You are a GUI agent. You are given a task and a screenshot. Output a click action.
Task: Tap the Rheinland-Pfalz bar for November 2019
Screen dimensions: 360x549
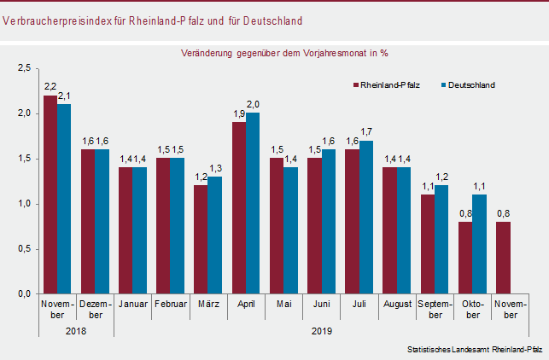pyautogui.click(x=503, y=258)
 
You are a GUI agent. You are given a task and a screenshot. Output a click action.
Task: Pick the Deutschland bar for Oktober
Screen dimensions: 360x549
pyautogui.click(x=479, y=244)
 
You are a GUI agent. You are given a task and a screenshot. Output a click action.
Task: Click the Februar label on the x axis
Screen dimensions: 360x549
pyautogui.click(x=171, y=304)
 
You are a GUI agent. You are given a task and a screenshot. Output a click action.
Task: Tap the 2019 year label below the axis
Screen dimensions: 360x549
pyautogui.click(x=321, y=330)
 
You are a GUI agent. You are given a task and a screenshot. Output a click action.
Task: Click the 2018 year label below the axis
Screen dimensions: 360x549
pyautogui.click(x=75, y=330)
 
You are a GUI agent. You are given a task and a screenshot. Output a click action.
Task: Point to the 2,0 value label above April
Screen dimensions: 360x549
pyautogui.click(x=253, y=104)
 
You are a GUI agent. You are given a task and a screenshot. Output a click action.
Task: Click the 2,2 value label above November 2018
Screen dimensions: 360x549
pyautogui.click(x=50, y=86)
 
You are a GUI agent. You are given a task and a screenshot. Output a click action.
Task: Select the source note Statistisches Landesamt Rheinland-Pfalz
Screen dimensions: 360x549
pyautogui.click(x=475, y=350)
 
